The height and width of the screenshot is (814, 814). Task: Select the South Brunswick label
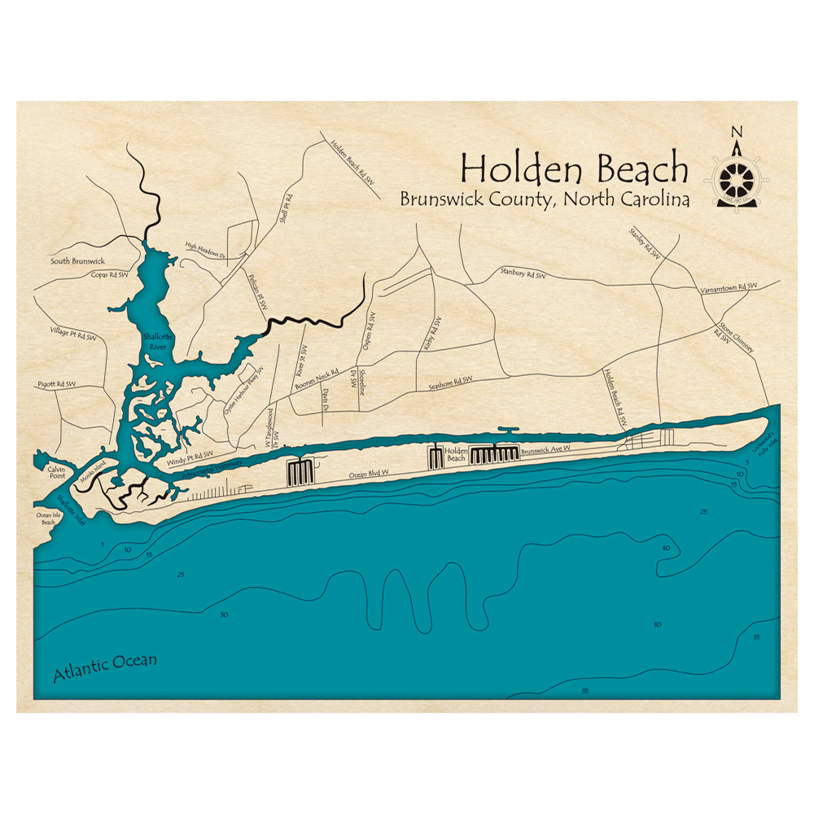click(x=77, y=261)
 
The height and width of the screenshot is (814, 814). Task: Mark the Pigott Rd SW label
click(x=57, y=383)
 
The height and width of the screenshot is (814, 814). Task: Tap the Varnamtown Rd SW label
click(x=729, y=287)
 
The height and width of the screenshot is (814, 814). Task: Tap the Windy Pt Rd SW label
click(x=190, y=458)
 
